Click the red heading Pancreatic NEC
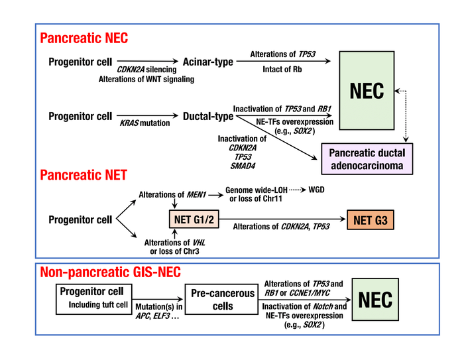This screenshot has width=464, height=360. [84, 38]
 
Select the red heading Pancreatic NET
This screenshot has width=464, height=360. [84, 176]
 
